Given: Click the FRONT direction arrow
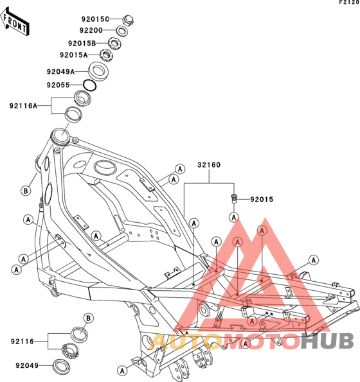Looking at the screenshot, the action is [15, 22].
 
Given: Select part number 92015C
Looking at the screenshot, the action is [95, 19].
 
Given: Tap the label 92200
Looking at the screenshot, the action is [91, 30].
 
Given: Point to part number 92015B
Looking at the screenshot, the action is [82, 44].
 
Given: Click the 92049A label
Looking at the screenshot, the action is [60, 72].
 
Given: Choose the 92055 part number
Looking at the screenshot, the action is [59, 85].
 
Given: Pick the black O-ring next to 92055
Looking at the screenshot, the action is [90, 85].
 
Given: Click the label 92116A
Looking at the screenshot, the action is [23, 106].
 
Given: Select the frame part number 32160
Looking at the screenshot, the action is [209, 165].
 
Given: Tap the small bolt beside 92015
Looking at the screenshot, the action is [234, 198].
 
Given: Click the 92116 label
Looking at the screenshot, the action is [22, 342].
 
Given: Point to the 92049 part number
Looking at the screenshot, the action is [27, 366].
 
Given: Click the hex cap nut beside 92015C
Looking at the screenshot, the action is [128, 20].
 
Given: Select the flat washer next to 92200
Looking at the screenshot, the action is [122, 31].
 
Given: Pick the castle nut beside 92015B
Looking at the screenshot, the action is [114, 44].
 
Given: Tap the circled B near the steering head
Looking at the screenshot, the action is [26, 191].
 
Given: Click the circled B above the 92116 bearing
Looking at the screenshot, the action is [88, 318].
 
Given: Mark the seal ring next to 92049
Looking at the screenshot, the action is [62, 366].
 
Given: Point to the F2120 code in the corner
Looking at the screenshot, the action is [349, 3].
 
